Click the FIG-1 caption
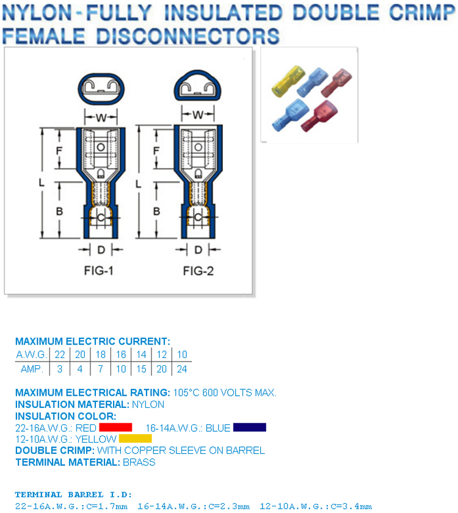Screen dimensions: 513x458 click(x=99, y=271)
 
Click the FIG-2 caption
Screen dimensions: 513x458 click(x=198, y=271)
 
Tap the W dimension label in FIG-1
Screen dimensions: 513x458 click(x=99, y=115)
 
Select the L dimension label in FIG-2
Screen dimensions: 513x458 click(x=139, y=183)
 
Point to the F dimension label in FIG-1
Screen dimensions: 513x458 click(x=59, y=150)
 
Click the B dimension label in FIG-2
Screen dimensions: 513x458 click(x=157, y=211)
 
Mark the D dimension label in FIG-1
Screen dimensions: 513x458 click(x=101, y=249)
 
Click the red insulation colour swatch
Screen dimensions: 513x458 click(x=115, y=427)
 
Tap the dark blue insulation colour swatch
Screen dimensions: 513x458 click(x=249, y=427)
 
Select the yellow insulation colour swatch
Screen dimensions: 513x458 click(x=135, y=438)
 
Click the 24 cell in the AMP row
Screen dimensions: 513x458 click(x=182, y=368)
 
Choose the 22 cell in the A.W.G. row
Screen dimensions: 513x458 click(x=59, y=354)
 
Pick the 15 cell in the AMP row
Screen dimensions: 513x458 click(x=141, y=368)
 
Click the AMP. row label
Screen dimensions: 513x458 click(x=32, y=368)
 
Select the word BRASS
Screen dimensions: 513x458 click(x=139, y=462)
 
